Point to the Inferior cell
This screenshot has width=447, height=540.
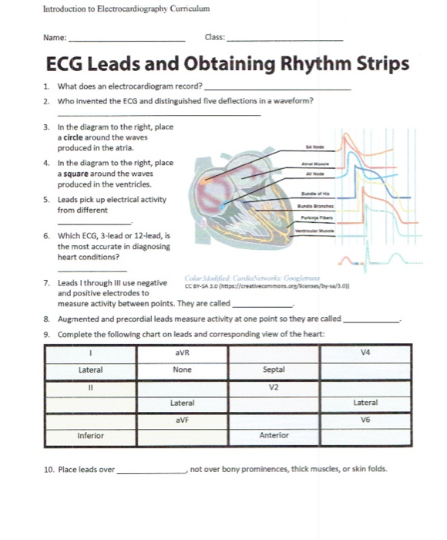(x=90, y=436)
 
